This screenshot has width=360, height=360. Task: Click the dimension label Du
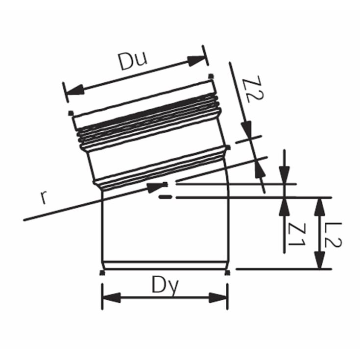[x=133, y=61]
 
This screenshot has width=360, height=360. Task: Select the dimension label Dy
[x=165, y=286]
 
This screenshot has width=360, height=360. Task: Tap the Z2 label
[x=253, y=90]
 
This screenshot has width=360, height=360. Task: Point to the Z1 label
[x=297, y=235]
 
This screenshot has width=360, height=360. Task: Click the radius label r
[x=44, y=197]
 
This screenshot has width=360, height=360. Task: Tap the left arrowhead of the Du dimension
[x=74, y=90]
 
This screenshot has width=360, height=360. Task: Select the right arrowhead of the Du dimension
[x=196, y=61]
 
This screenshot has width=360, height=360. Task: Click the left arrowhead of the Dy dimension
[x=112, y=298]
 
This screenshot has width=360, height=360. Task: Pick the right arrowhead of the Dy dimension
[x=218, y=298]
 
